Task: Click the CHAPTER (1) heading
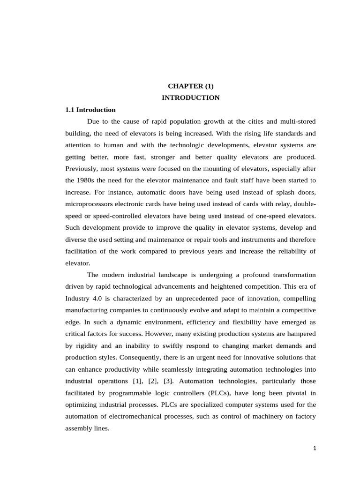click(191, 86)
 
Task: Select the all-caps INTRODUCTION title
click(191, 98)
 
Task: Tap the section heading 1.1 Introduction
click(90, 110)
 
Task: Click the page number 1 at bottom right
click(315, 448)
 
